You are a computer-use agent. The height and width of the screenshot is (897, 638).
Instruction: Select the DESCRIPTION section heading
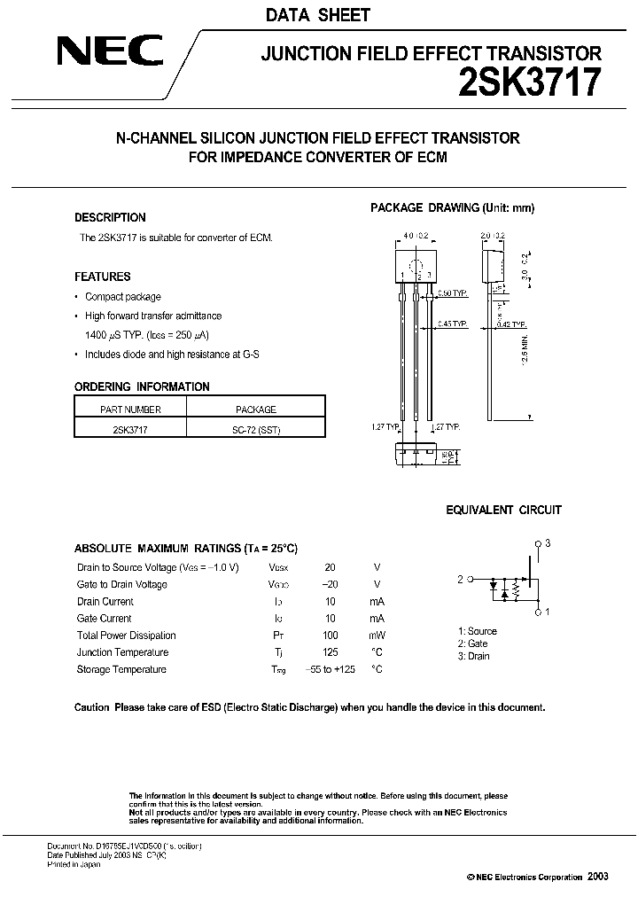click(x=110, y=217)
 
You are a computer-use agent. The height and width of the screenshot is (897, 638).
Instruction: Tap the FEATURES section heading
click(x=103, y=277)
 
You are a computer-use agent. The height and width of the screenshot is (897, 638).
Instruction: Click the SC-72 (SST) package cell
click(x=254, y=428)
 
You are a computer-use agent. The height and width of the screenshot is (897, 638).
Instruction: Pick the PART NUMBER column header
click(x=130, y=409)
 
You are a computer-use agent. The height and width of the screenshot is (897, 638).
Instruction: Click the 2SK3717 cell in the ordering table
click(x=130, y=428)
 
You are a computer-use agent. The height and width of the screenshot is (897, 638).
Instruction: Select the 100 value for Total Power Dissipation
click(x=331, y=636)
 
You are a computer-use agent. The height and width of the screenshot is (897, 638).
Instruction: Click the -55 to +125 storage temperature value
click(x=331, y=669)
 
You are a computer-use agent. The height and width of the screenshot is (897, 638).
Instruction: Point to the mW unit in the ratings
click(x=377, y=636)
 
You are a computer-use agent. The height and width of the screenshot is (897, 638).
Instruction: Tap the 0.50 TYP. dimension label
click(x=454, y=292)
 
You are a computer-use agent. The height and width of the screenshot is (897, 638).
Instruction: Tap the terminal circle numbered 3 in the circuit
click(x=537, y=543)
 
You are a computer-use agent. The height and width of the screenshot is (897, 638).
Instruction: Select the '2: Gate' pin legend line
click(x=473, y=643)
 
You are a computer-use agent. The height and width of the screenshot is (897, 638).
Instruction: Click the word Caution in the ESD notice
click(x=92, y=708)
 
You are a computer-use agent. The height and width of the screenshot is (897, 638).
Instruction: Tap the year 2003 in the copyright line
click(x=597, y=876)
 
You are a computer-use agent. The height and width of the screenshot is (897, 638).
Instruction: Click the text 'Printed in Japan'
click(x=74, y=864)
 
